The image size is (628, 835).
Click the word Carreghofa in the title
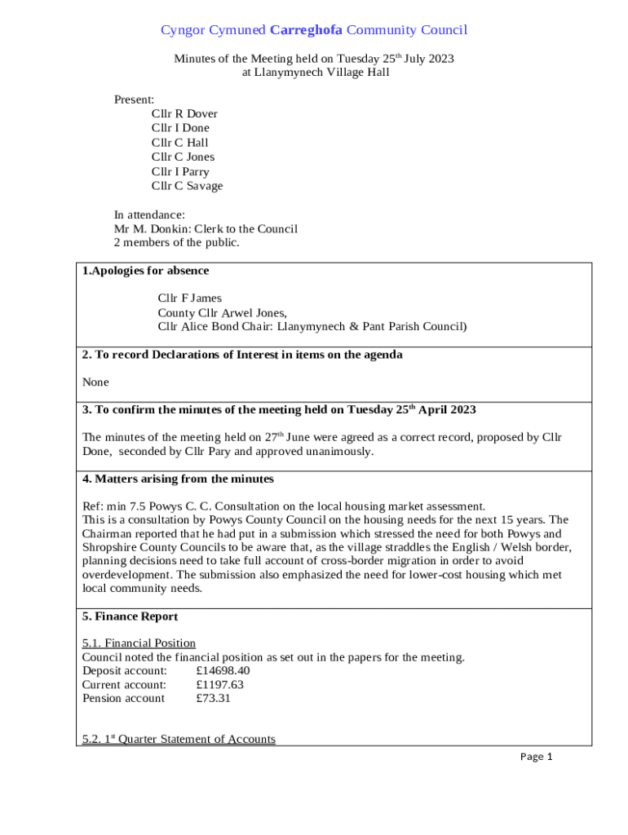coord(306,30)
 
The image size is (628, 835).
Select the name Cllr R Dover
coord(184,114)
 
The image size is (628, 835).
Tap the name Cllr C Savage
coord(187,186)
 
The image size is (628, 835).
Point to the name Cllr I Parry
coord(180,172)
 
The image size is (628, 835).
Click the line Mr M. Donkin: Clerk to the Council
coord(206,229)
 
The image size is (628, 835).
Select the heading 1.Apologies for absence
coord(145,271)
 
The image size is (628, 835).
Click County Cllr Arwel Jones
coord(222,313)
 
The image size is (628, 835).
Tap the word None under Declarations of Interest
coord(95,382)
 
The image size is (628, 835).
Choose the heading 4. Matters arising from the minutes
coord(178,479)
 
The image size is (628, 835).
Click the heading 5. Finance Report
coord(130,616)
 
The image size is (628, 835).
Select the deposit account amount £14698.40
coord(223,670)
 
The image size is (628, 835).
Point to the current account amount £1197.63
coord(219,684)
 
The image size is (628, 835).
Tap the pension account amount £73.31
coord(213,698)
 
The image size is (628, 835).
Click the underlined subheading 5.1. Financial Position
coord(139,643)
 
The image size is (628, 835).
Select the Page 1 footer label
coord(537,757)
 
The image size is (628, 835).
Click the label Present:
coord(134,99)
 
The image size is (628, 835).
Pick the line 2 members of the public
coord(176,243)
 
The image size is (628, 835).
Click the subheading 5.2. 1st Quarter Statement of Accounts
coord(179,739)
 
